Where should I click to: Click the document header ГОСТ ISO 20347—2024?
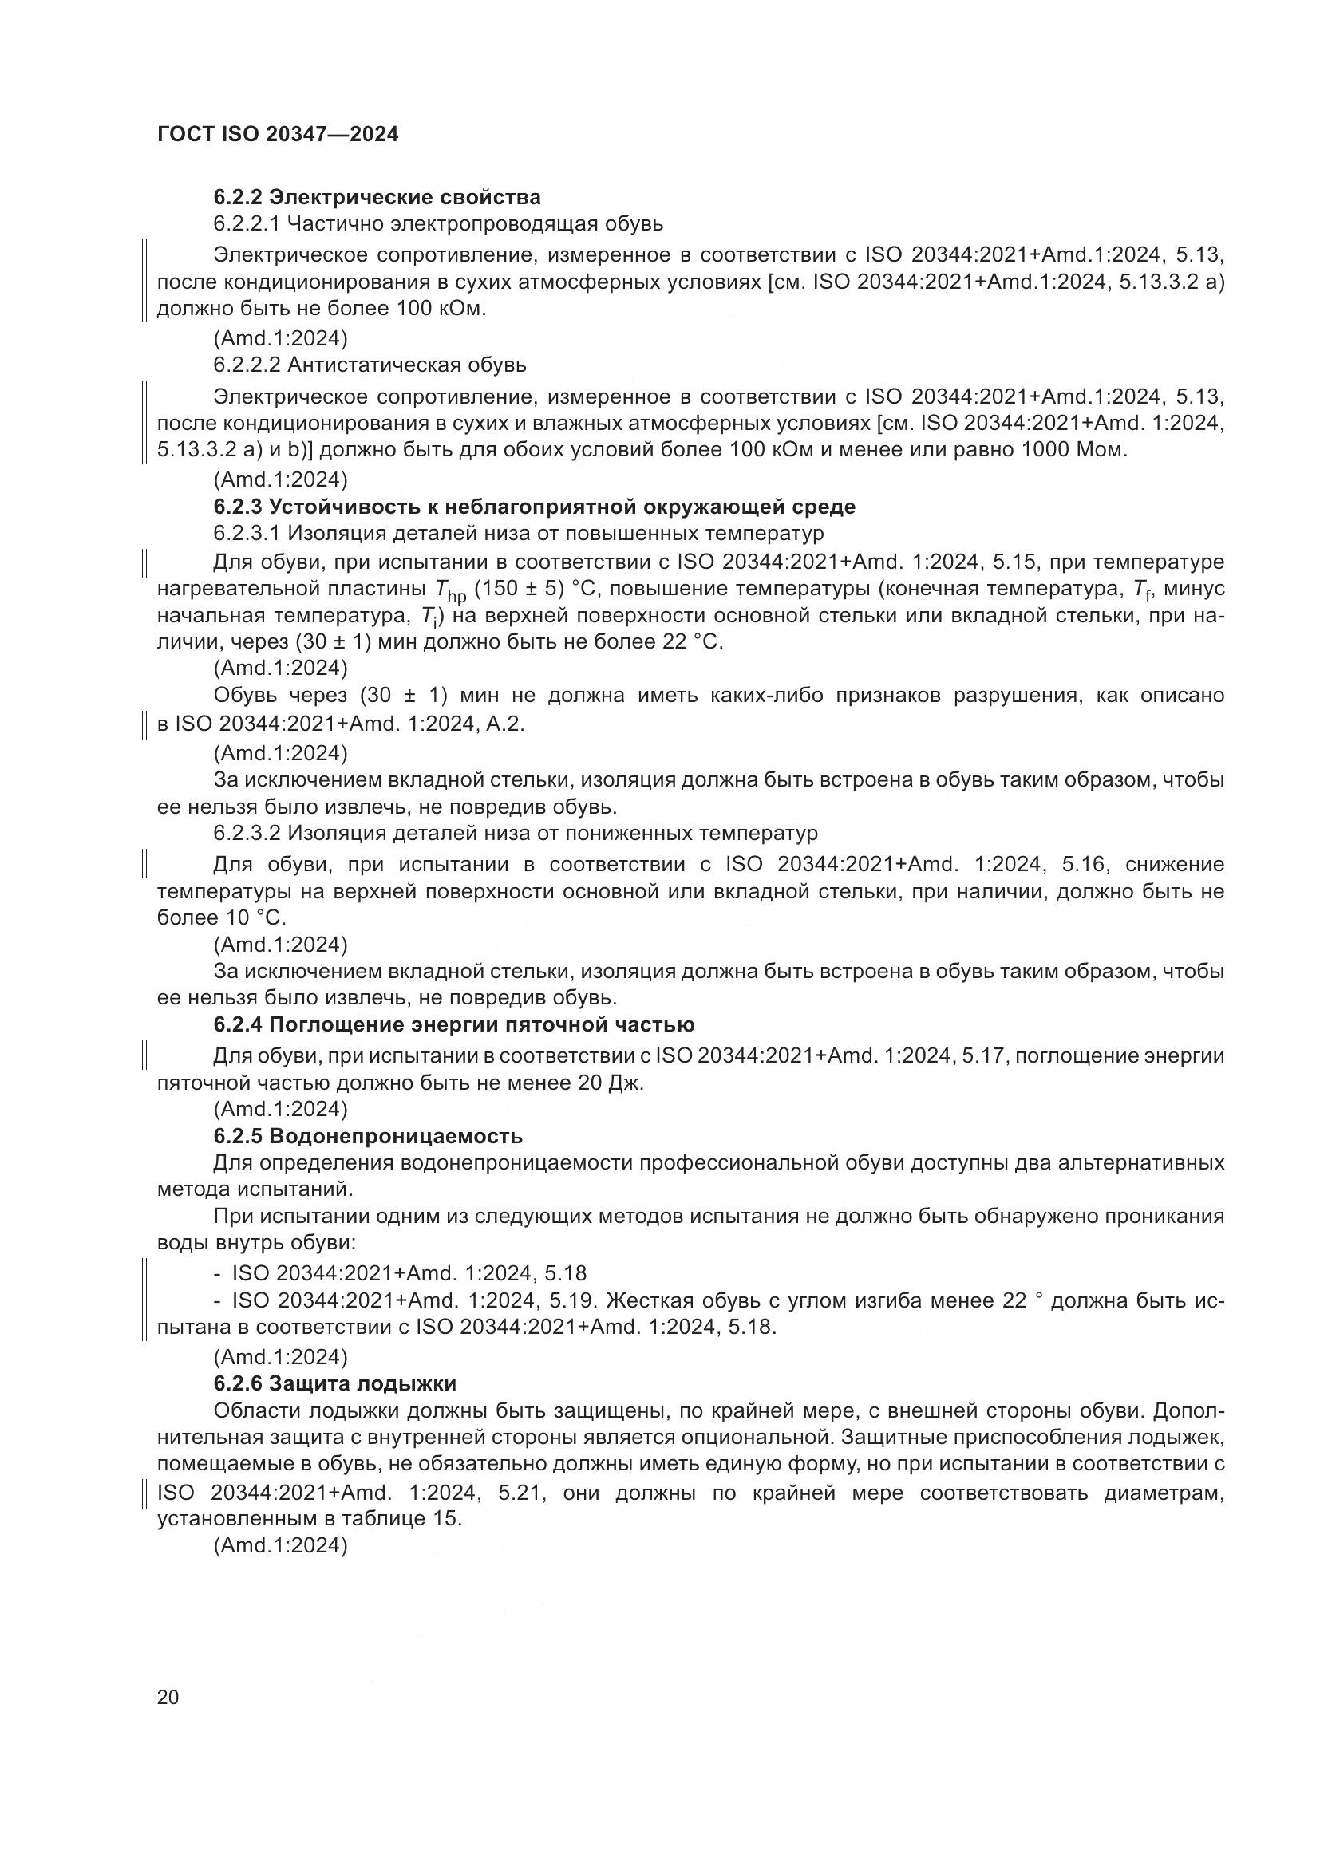278,135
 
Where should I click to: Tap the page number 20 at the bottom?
168,1697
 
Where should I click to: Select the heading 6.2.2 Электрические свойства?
377,198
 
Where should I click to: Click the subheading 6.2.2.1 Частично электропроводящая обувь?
438,223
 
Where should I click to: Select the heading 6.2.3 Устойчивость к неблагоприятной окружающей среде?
534,507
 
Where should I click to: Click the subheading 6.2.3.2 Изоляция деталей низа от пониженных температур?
516,833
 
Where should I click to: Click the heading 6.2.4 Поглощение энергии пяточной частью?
453,1025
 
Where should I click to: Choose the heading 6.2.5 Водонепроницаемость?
367,1135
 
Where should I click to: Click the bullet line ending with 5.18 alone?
409,1272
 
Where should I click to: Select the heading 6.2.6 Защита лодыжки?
335,1383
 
